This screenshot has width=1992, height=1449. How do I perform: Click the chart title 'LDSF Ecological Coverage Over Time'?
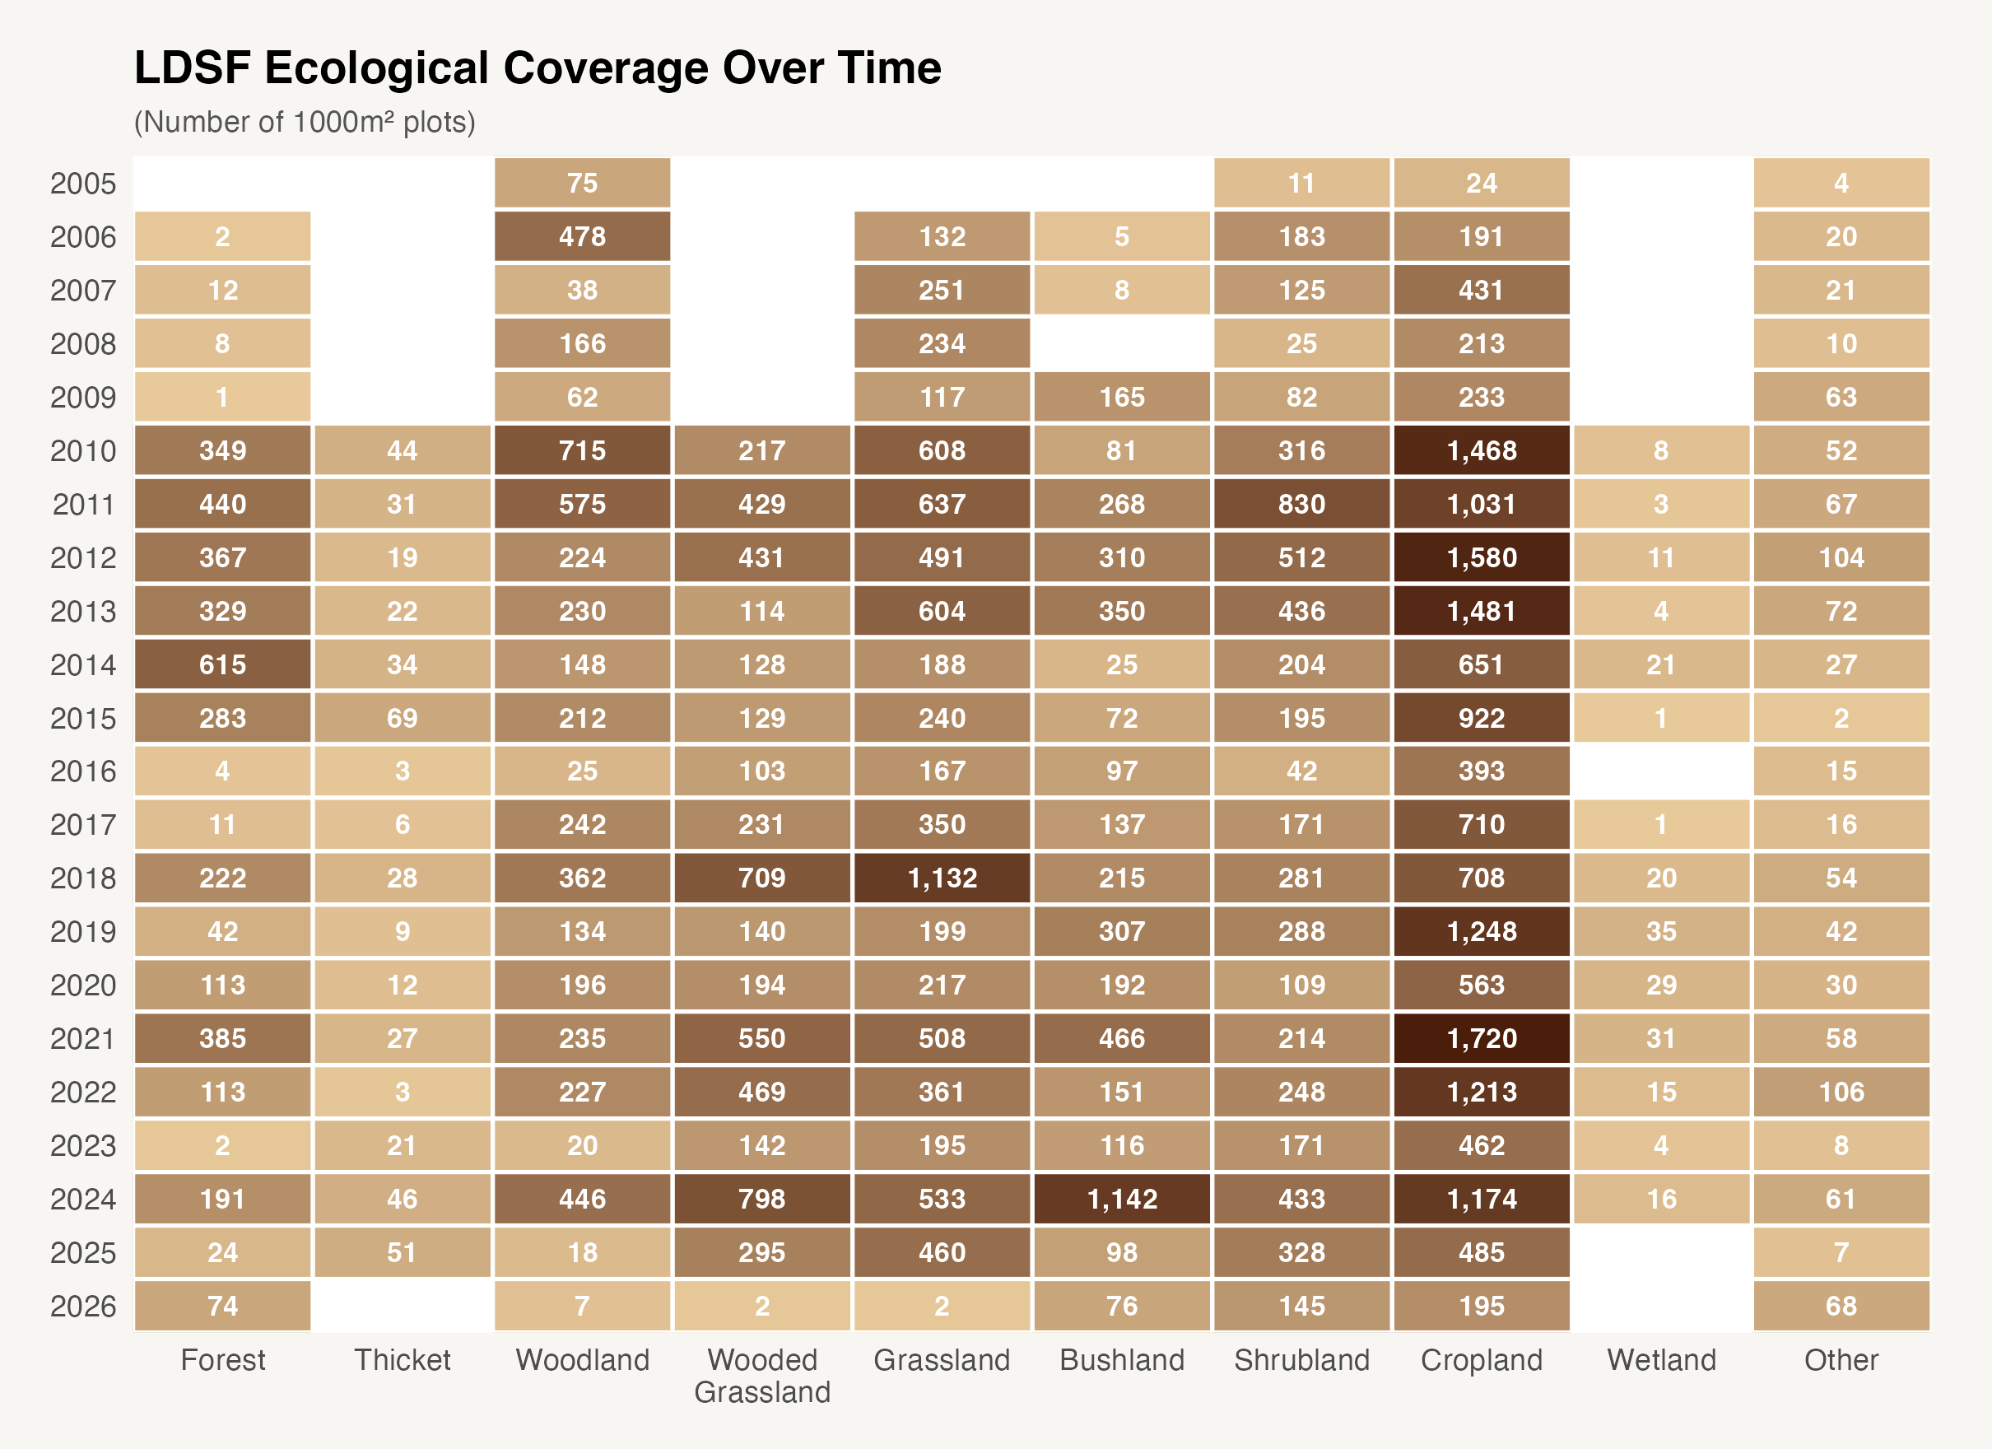click(537, 68)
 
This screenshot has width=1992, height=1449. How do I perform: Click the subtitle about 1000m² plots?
click(304, 122)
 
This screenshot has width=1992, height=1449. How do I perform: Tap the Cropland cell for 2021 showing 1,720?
click(1481, 1039)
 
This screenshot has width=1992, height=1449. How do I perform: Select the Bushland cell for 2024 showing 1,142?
click(1122, 1199)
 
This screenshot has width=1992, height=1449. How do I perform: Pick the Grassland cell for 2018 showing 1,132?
click(942, 878)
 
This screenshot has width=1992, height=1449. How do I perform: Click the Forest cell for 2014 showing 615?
click(222, 664)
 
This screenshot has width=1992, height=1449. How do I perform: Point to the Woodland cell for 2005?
click(582, 183)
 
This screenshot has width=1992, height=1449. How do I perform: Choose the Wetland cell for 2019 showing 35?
click(1661, 931)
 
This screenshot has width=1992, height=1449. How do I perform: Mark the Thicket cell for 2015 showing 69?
click(403, 718)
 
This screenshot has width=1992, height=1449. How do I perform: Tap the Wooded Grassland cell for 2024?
click(761, 1199)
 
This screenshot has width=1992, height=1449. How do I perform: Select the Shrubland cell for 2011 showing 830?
click(1301, 505)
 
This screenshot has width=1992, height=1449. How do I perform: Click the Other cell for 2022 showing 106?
click(1841, 1093)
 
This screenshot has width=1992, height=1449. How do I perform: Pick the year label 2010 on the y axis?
click(82, 452)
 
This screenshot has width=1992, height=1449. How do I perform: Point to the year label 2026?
click(82, 1307)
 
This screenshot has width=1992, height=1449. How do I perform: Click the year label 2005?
click(82, 184)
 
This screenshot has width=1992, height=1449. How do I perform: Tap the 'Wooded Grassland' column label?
click(761, 1375)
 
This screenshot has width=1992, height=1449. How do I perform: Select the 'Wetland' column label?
click(1661, 1360)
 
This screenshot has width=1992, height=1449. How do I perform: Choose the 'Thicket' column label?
click(403, 1360)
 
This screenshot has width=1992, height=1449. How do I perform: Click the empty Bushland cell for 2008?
click(1122, 343)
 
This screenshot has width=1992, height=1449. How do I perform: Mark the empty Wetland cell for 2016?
click(1661, 771)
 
